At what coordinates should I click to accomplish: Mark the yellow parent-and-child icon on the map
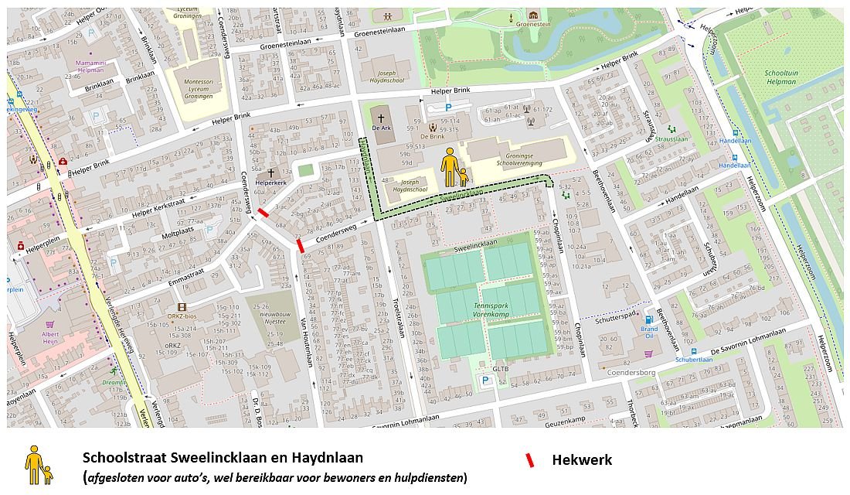coord(454,168)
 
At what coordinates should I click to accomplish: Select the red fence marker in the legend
coord(529,460)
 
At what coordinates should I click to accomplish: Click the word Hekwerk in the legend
coord(582,460)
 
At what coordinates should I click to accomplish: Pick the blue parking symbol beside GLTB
coord(485,381)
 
